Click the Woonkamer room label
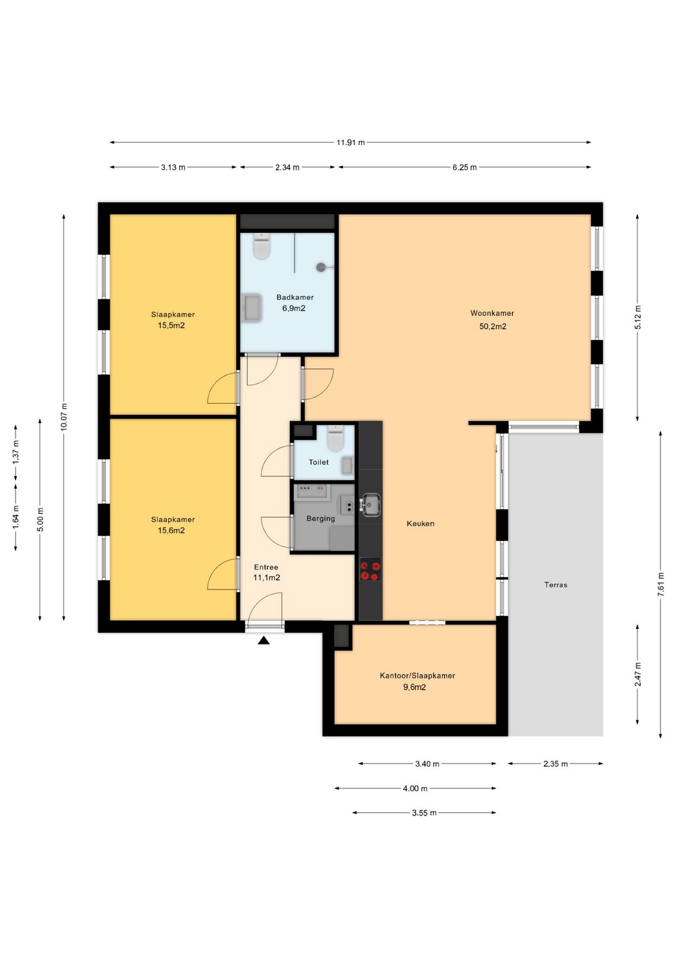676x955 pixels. tap(492, 313)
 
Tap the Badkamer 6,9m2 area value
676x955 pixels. tap(294, 309)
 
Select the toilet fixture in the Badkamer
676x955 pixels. tap(262, 245)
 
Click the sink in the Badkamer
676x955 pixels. tap(252, 307)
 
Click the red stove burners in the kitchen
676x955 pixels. tap(370, 571)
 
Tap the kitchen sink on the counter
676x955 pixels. tap(370, 505)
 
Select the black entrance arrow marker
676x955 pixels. tap(264, 640)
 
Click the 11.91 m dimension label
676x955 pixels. tap(351, 143)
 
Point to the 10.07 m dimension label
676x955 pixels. tap(64, 417)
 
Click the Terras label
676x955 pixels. tap(556, 585)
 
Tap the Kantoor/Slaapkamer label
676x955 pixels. tap(417, 675)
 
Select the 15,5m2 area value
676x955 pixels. tap(171, 325)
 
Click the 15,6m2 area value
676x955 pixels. tap(171, 531)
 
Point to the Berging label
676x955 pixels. tap(320, 518)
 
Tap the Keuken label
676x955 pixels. tap(421, 524)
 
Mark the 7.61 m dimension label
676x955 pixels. tap(660, 585)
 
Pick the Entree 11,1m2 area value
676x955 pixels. tap(267, 578)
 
